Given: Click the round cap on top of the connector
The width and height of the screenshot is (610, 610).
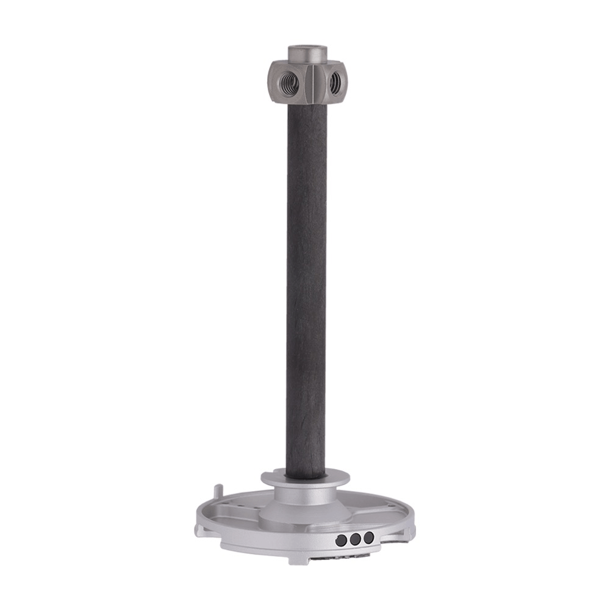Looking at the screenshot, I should click(307, 51).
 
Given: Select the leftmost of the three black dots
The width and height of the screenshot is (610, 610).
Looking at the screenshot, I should click(341, 540).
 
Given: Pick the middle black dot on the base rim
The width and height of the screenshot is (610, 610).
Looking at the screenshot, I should click(355, 539).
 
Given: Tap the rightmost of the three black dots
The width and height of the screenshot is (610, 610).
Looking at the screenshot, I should click(368, 537).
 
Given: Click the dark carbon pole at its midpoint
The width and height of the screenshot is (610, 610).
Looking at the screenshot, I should click(306, 287).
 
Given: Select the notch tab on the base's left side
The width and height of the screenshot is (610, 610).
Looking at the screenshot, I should click(201, 530).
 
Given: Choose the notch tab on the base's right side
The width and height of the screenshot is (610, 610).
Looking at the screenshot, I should click(411, 531).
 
